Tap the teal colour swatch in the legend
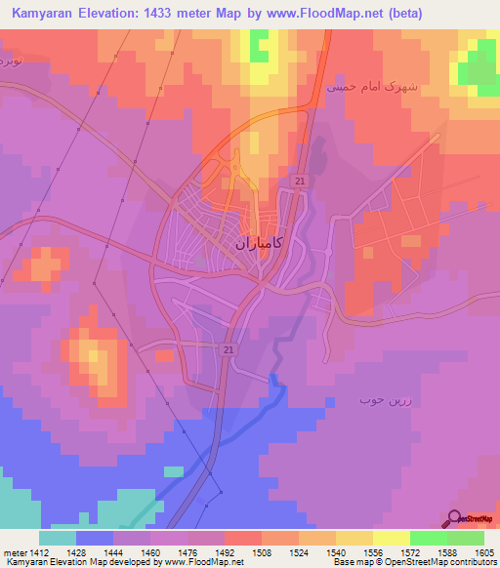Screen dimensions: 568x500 click(x=58, y=538)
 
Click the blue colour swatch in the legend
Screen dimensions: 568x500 click(x=95, y=538)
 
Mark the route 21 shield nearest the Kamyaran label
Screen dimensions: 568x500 click(x=299, y=182)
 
